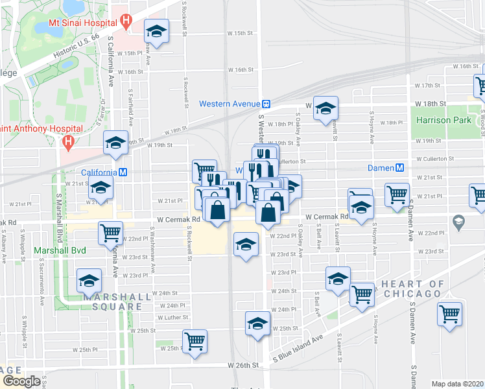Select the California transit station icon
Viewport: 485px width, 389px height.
tap(122, 172)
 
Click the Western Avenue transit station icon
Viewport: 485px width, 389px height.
tap(266, 104)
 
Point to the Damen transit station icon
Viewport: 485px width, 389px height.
tap(400, 167)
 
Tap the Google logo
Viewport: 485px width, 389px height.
tap(21, 381)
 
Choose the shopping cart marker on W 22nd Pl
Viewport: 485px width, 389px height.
tap(111, 231)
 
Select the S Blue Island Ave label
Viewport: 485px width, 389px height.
tap(298, 348)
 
